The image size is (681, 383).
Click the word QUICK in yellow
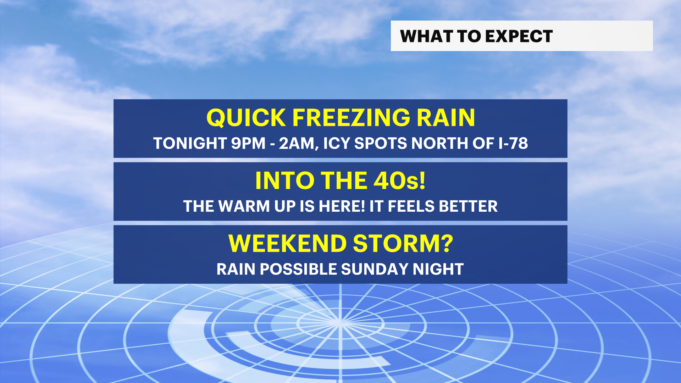pos(246,118)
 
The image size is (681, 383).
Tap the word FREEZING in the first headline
pos(351,118)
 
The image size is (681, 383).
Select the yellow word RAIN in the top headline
pos(446,118)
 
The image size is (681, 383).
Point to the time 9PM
pos(248,143)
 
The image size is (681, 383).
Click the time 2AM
pos(297,144)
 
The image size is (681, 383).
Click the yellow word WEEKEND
pos(287,244)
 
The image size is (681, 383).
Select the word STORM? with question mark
pos(403,244)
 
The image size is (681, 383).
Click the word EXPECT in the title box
pos(519,36)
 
